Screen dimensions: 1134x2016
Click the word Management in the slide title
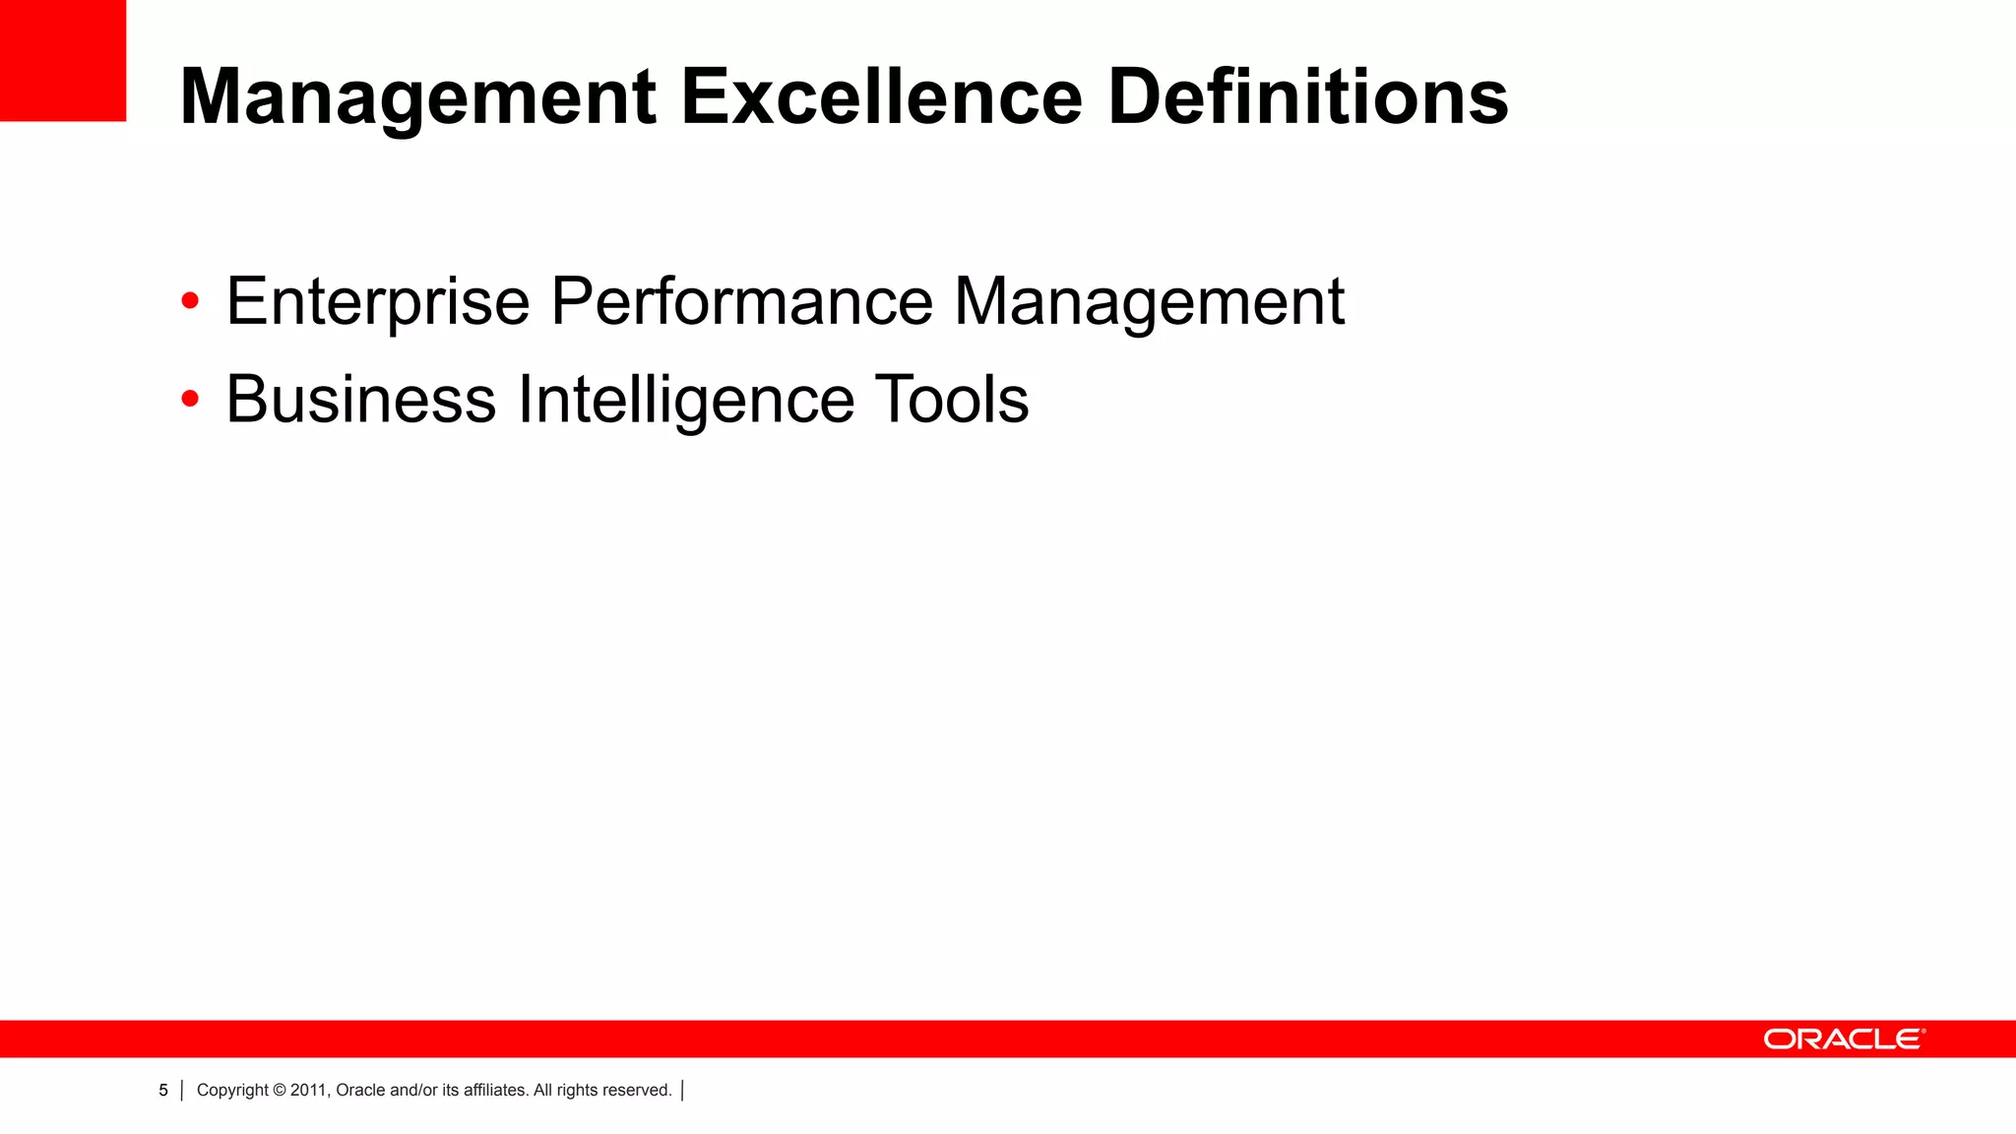[x=418, y=97]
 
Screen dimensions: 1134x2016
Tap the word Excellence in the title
[x=882, y=97]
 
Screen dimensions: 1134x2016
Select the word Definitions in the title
[x=1307, y=97]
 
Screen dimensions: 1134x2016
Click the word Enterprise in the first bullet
[x=378, y=301]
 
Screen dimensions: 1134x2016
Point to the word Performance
[x=741, y=301]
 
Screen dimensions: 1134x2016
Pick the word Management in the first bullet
[x=1149, y=301]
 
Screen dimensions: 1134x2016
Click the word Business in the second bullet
[x=361, y=400]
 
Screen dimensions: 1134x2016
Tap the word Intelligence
[x=686, y=400]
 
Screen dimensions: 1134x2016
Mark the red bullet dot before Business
[x=190, y=399]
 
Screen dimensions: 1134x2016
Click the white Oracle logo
[x=1844, y=1039]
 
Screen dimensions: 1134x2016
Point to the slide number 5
[x=163, y=1091]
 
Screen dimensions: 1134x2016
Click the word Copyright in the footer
[x=232, y=1091]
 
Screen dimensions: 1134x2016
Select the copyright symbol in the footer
[x=280, y=1091]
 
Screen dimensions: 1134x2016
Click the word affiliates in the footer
[x=496, y=1091]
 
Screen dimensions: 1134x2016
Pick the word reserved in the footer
[x=638, y=1091]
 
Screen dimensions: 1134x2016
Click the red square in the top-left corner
[x=63, y=60]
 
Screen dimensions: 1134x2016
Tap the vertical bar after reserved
[x=682, y=1091]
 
